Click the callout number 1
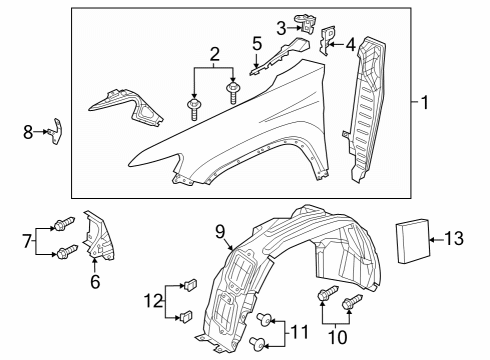[x=425, y=102]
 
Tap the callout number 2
[x=214, y=53]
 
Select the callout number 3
[x=282, y=27]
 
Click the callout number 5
[x=257, y=44]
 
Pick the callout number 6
[x=95, y=282]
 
